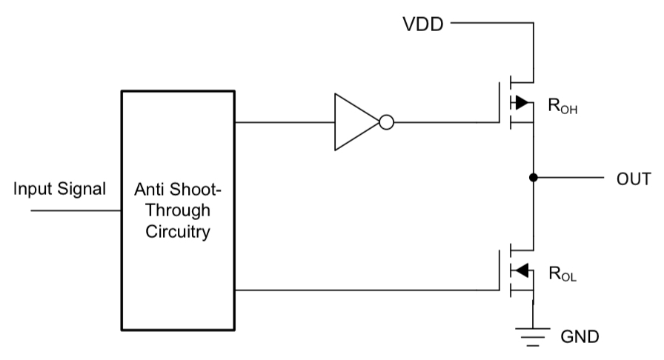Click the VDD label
click(x=423, y=24)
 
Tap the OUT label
click(x=634, y=179)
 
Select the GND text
click(x=580, y=337)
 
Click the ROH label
click(x=562, y=106)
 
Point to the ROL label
click(x=562, y=274)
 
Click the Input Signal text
click(x=59, y=190)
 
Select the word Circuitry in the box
click(x=178, y=232)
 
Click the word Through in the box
click(x=178, y=210)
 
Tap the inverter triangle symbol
click(x=356, y=122)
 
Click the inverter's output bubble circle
click(x=387, y=122)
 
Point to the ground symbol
click(x=533, y=337)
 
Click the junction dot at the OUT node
click(x=534, y=178)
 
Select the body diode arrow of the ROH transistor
click(x=522, y=102)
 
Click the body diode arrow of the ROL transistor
click(x=522, y=270)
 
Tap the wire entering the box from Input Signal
click(x=76, y=210)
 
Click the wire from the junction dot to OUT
click(x=568, y=178)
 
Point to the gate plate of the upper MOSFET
click(x=499, y=102)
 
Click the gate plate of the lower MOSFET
click(x=499, y=270)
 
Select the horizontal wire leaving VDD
click(x=492, y=23)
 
